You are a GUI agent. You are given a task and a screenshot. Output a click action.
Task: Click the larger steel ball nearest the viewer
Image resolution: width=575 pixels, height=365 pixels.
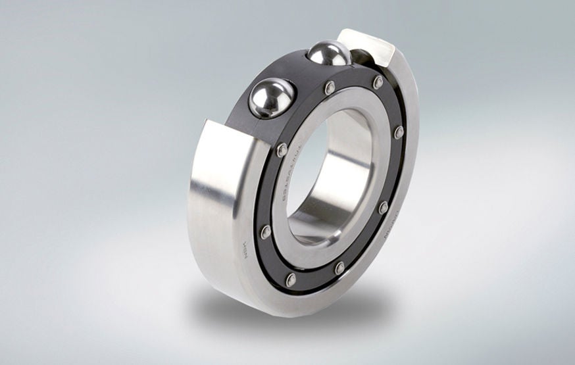(x=269, y=98)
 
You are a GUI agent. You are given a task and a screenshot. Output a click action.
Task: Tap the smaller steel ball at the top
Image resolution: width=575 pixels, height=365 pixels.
(x=329, y=53)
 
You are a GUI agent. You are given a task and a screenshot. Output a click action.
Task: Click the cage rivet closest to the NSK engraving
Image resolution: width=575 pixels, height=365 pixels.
(x=266, y=231)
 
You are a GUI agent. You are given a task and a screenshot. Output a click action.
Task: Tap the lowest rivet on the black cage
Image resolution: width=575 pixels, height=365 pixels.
(x=291, y=280)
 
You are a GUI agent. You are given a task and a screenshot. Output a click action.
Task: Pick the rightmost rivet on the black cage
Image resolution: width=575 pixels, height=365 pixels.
(x=399, y=132)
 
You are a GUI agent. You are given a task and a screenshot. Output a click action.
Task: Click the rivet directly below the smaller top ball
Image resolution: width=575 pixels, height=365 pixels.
(x=330, y=87)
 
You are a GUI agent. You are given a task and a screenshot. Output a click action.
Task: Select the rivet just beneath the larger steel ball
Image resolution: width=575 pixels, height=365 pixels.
(x=282, y=150)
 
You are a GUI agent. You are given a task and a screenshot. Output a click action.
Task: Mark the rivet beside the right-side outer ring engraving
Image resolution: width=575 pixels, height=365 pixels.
(x=383, y=207)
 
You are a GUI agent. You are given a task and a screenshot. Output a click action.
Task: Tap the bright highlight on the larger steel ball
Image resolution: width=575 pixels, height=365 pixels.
(x=263, y=92)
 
